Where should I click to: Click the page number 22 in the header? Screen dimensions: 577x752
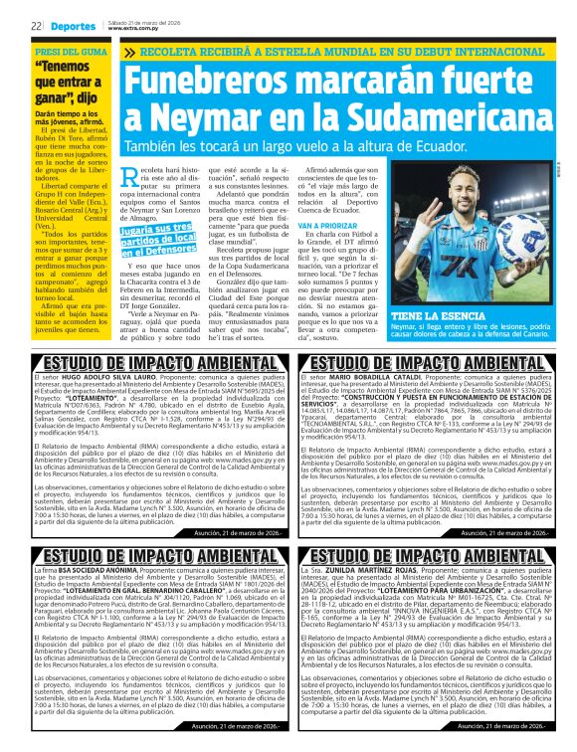pos(36,24)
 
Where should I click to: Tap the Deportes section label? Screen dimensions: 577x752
pos(76,24)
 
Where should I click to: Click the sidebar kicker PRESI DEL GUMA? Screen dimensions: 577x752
pos(70,50)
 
